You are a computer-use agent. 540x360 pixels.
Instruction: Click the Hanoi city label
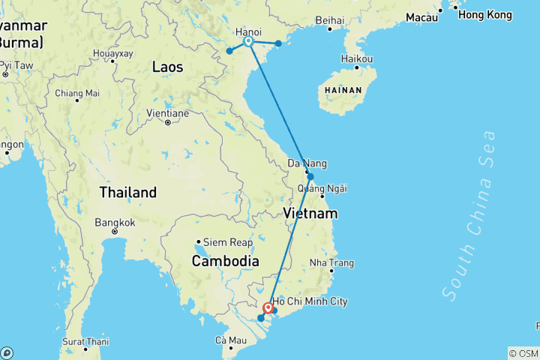[x=248, y=32]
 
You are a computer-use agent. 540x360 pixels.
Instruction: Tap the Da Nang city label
[x=307, y=164]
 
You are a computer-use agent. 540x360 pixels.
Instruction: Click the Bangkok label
[x=115, y=223]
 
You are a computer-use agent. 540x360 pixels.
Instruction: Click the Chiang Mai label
[x=77, y=94]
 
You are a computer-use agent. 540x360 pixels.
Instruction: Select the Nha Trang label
[x=331, y=263]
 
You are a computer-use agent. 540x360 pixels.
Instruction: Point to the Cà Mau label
[x=231, y=340]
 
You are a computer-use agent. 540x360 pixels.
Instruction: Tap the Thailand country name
[x=128, y=193]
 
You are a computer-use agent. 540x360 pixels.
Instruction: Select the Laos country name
[x=167, y=67]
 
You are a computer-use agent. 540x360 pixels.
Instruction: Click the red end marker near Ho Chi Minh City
[x=268, y=307]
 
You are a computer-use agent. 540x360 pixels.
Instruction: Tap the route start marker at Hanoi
[x=248, y=42]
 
